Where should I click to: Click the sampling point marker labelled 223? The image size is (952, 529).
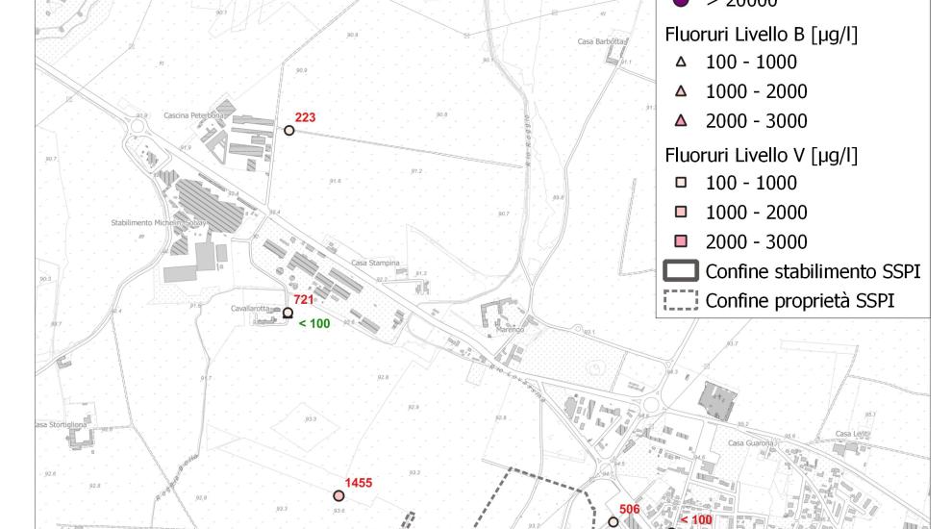pos(289,130)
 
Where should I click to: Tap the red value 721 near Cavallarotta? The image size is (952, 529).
pos(304,300)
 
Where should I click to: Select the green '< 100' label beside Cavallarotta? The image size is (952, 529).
pos(313,324)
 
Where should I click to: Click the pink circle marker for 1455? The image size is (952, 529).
pos(338,496)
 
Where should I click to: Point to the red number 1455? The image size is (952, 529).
pos(360,482)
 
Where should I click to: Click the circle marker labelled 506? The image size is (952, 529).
pos(614,522)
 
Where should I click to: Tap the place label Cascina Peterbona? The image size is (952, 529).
pos(194,115)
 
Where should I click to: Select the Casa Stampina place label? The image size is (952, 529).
pos(374,263)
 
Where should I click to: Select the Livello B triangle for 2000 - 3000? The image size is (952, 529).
pos(681,121)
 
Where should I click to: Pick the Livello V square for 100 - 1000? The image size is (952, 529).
pos(681,183)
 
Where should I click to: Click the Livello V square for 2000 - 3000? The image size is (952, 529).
pos(681,241)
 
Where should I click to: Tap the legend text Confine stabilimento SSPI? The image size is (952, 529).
pos(813,271)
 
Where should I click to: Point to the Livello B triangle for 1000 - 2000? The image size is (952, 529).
pos(681,91)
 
